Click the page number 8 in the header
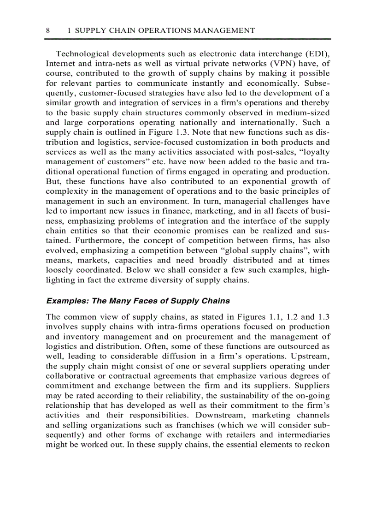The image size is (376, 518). point(48,30)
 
